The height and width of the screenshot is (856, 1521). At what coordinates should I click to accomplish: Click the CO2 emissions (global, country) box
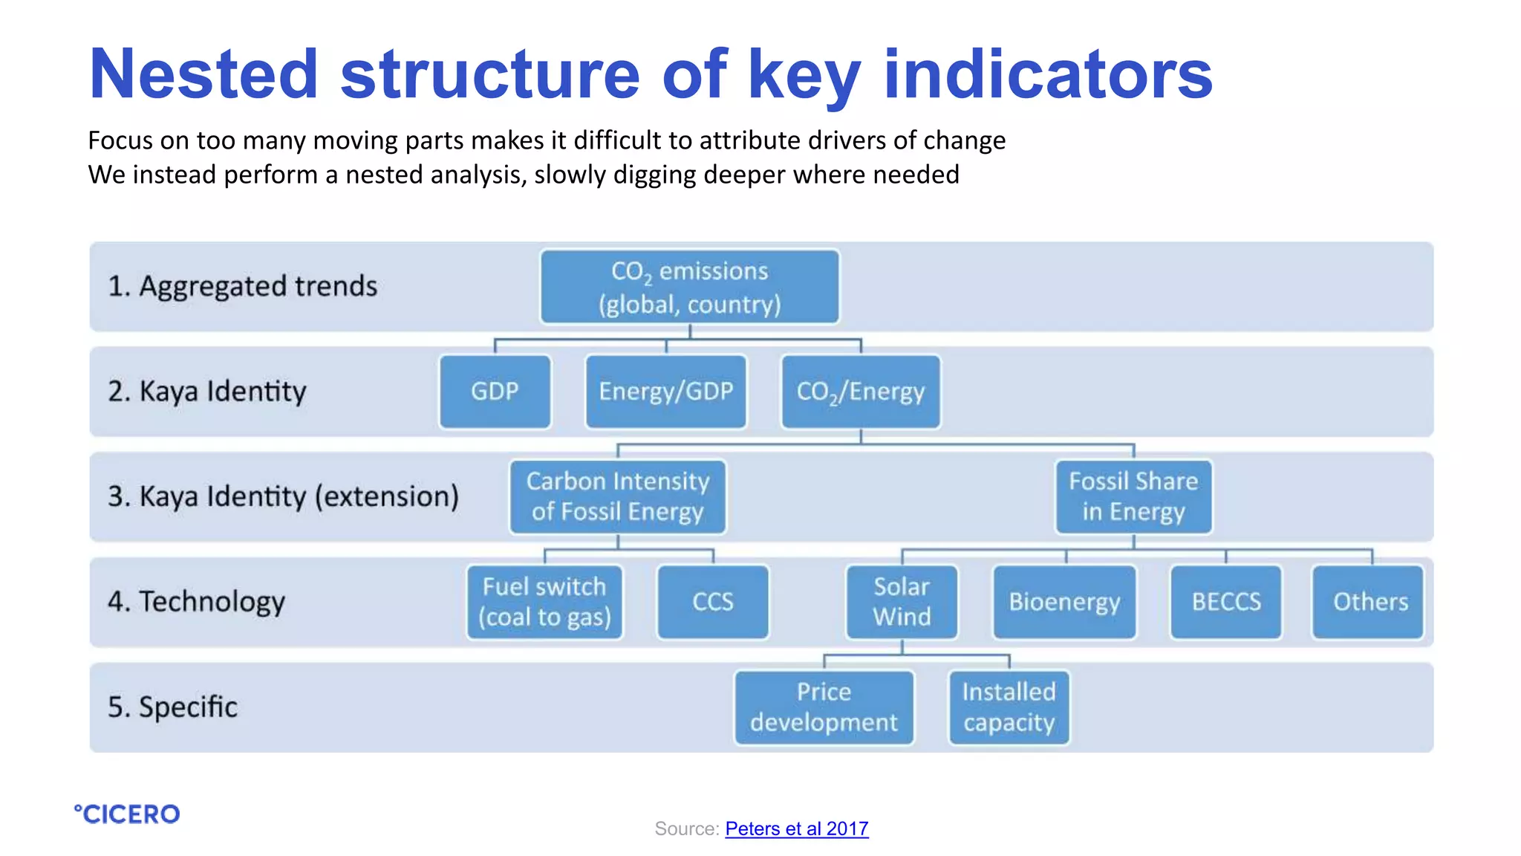click(x=689, y=287)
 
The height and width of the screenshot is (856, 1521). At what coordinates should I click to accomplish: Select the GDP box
click(x=495, y=392)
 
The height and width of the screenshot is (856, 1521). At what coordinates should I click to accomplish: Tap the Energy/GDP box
click(x=665, y=392)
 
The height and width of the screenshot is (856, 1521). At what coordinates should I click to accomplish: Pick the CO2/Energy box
click(x=860, y=392)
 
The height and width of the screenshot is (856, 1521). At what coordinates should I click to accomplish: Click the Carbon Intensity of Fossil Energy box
click(x=617, y=496)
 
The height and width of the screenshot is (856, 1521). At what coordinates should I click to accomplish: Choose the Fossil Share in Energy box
click(x=1133, y=496)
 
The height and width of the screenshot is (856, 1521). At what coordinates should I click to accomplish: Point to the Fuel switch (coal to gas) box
click(x=544, y=602)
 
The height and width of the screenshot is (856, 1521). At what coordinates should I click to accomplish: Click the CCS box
click(x=713, y=602)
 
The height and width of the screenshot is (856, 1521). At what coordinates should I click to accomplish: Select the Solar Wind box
click(x=902, y=602)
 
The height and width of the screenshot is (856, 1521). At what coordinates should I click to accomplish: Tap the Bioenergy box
click(x=1064, y=602)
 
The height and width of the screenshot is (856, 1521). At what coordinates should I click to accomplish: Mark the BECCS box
click(x=1225, y=602)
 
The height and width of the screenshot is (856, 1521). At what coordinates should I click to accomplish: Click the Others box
click(x=1369, y=602)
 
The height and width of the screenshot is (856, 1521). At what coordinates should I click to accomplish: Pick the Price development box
click(x=824, y=707)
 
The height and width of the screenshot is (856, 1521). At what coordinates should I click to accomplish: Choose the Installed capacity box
click(x=1009, y=707)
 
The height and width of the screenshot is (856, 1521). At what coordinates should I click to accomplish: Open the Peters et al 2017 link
click(x=796, y=829)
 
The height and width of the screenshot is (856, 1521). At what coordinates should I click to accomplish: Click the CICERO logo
click(x=127, y=814)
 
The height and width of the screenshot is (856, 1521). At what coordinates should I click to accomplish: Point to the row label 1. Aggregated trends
click(x=243, y=287)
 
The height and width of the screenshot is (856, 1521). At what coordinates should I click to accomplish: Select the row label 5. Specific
click(x=172, y=707)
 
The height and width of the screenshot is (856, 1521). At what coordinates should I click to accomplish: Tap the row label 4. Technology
click(x=196, y=602)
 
